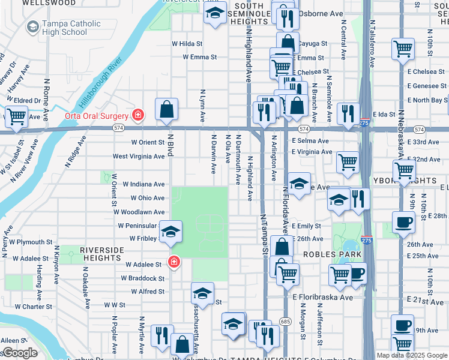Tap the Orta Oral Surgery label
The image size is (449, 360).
97,115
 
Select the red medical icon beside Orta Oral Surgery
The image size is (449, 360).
138,115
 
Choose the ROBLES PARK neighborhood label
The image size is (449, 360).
332,254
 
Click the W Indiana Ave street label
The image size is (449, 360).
143,184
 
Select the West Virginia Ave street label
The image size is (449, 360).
139,157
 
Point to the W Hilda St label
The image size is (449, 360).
186,44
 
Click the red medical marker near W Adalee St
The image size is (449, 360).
173,262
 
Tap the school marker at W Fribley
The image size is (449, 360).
170,232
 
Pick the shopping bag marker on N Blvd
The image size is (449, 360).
167,110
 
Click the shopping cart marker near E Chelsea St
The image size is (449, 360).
403,49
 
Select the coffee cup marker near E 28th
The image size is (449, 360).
403,222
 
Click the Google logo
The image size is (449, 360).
20,353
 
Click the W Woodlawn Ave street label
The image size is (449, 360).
139,212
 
